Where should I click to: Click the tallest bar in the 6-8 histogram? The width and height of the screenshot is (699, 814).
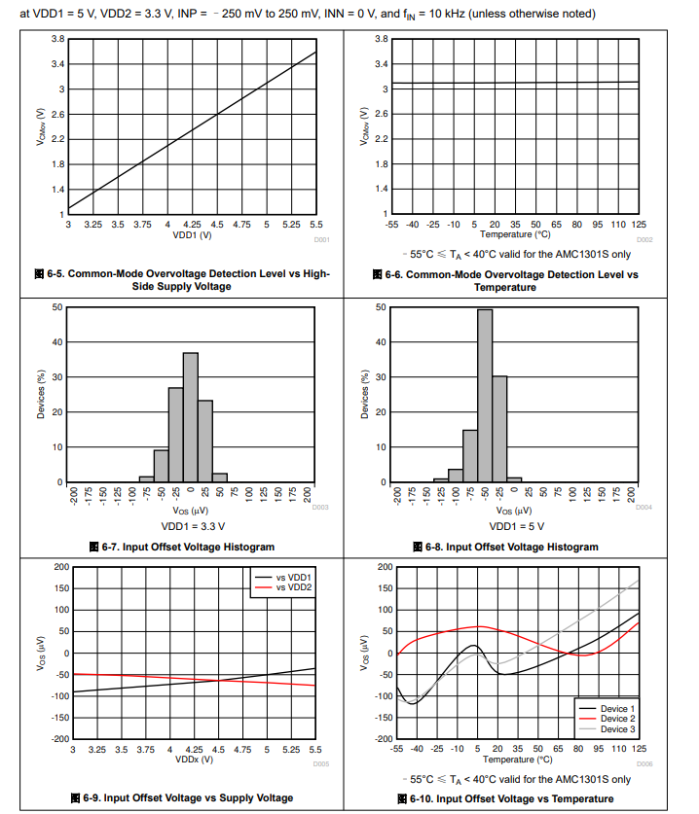point(485,395)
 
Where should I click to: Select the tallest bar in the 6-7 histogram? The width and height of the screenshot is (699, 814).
point(191,417)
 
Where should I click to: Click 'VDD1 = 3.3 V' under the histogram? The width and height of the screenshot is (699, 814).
point(192,526)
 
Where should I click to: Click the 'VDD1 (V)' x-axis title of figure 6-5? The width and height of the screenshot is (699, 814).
point(192,235)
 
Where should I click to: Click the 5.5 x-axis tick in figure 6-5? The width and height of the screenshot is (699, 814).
point(314,225)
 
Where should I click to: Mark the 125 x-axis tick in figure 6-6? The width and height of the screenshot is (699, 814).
point(638,225)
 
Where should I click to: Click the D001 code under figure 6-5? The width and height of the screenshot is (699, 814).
point(321,239)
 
